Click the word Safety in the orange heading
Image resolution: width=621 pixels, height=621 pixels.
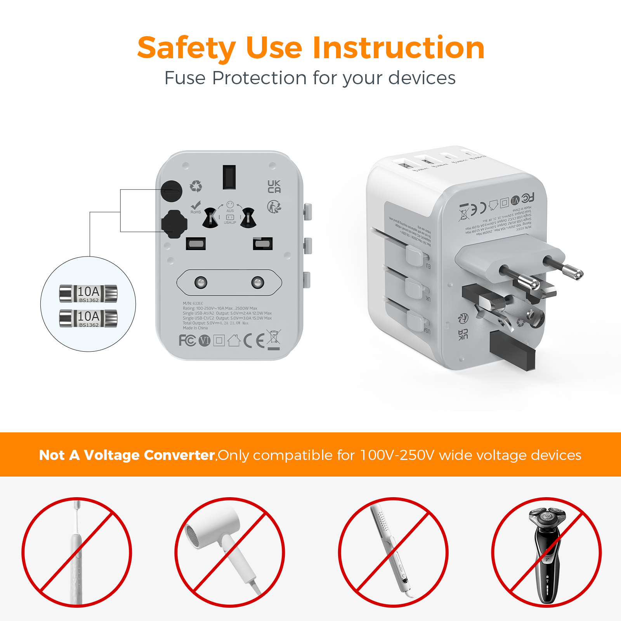point(186,48)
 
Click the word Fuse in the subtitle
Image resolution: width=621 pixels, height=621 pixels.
point(185,78)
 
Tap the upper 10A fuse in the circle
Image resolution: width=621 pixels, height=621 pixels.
point(88,293)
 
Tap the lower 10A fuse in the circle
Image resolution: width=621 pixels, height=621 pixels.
point(88,318)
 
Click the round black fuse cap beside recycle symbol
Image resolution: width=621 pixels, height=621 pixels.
point(172,191)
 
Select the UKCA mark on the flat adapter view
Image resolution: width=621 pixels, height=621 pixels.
point(274,187)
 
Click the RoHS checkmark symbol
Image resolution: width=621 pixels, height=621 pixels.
point(196,206)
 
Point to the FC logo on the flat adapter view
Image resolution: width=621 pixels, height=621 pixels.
point(187,341)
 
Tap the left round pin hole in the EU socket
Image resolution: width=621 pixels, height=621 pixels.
point(201,282)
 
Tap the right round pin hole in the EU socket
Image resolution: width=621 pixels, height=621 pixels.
point(257,282)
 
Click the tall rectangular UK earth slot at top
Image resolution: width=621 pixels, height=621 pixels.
point(229,177)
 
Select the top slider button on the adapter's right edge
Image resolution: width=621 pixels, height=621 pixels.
point(307,212)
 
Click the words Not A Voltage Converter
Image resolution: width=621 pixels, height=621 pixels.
point(127,455)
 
